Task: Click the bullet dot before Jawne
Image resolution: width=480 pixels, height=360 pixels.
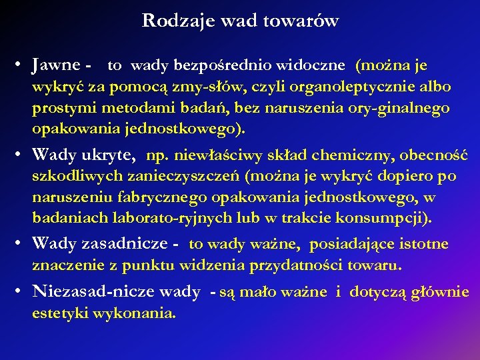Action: [23, 66]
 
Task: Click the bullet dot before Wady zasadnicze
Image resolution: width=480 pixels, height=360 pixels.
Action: [23, 245]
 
